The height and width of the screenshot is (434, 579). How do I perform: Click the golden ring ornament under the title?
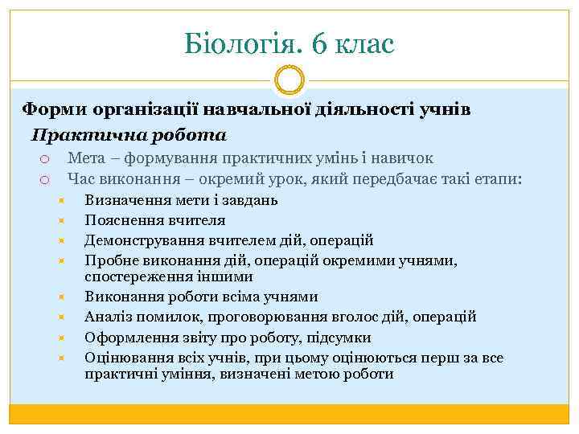(x=289, y=80)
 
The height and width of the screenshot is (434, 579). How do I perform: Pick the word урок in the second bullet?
(x=307, y=179)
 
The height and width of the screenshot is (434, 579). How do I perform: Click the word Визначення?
(x=125, y=200)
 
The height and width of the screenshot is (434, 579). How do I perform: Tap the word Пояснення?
(x=121, y=220)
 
